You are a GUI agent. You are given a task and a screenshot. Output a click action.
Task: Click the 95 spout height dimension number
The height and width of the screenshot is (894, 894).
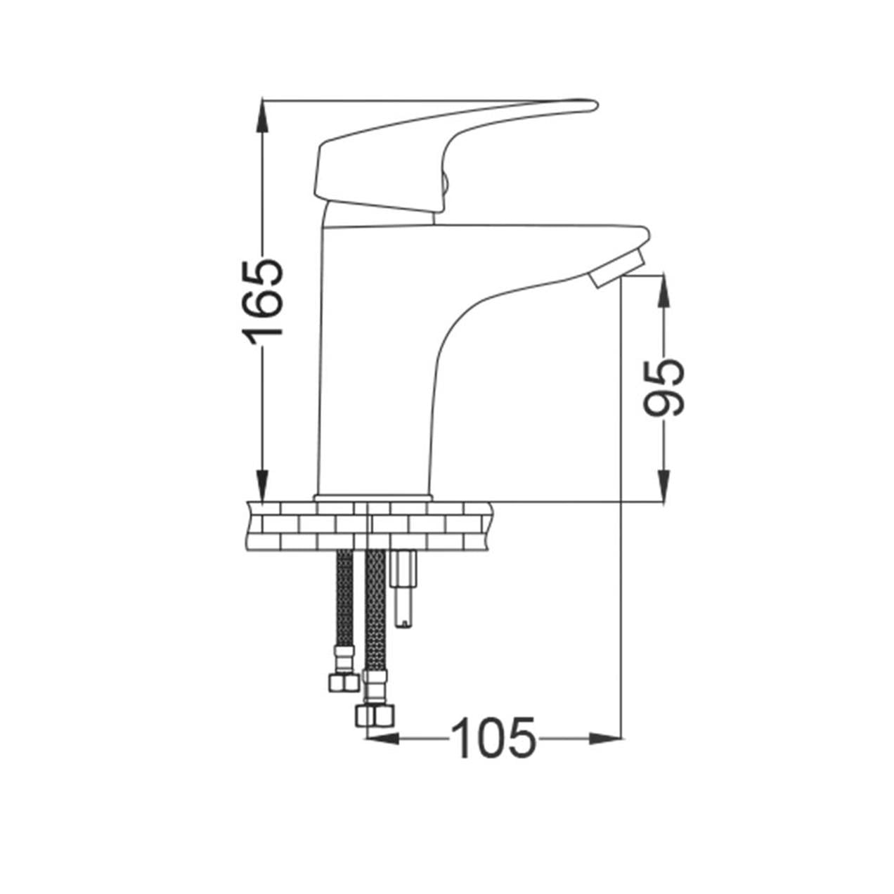click(x=663, y=387)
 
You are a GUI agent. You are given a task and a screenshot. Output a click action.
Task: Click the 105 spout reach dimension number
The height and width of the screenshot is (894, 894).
click(x=493, y=738)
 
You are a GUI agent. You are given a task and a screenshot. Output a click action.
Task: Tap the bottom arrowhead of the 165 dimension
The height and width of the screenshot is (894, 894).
click(x=263, y=485)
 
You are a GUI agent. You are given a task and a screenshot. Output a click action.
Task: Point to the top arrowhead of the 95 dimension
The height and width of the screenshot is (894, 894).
click(x=664, y=292)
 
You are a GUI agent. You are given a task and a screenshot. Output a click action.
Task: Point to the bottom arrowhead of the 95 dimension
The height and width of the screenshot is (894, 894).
click(x=664, y=486)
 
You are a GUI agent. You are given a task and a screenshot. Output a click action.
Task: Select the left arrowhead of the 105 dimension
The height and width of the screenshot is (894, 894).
click(x=383, y=739)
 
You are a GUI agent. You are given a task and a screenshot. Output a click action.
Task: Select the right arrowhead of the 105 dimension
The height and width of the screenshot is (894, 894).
click(x=605, y=739)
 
